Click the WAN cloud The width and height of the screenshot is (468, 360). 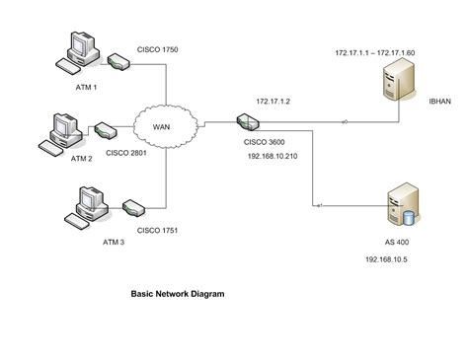162,125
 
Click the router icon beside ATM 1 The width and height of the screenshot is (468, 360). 117,64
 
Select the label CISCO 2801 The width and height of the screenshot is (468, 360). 141,154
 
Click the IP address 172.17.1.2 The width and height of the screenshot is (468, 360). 273,101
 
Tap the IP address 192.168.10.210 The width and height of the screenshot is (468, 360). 277,155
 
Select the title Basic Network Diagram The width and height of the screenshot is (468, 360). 178,293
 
